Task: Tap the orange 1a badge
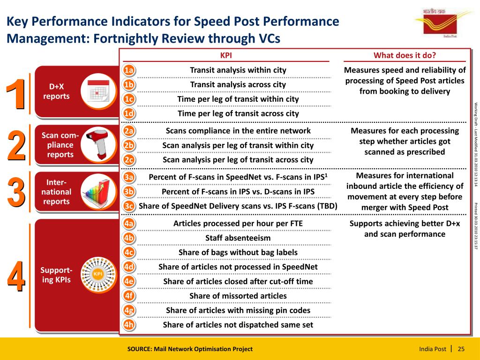129,71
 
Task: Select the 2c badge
129,160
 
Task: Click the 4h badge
129,325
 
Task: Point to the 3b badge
129,192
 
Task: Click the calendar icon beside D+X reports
98,91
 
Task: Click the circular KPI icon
98,274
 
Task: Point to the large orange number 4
15,277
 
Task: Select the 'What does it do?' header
405,55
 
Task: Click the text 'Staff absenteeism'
238,238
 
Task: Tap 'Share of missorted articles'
238,296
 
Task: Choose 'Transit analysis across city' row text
238,84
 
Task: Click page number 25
461,349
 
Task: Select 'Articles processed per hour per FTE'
238,224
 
